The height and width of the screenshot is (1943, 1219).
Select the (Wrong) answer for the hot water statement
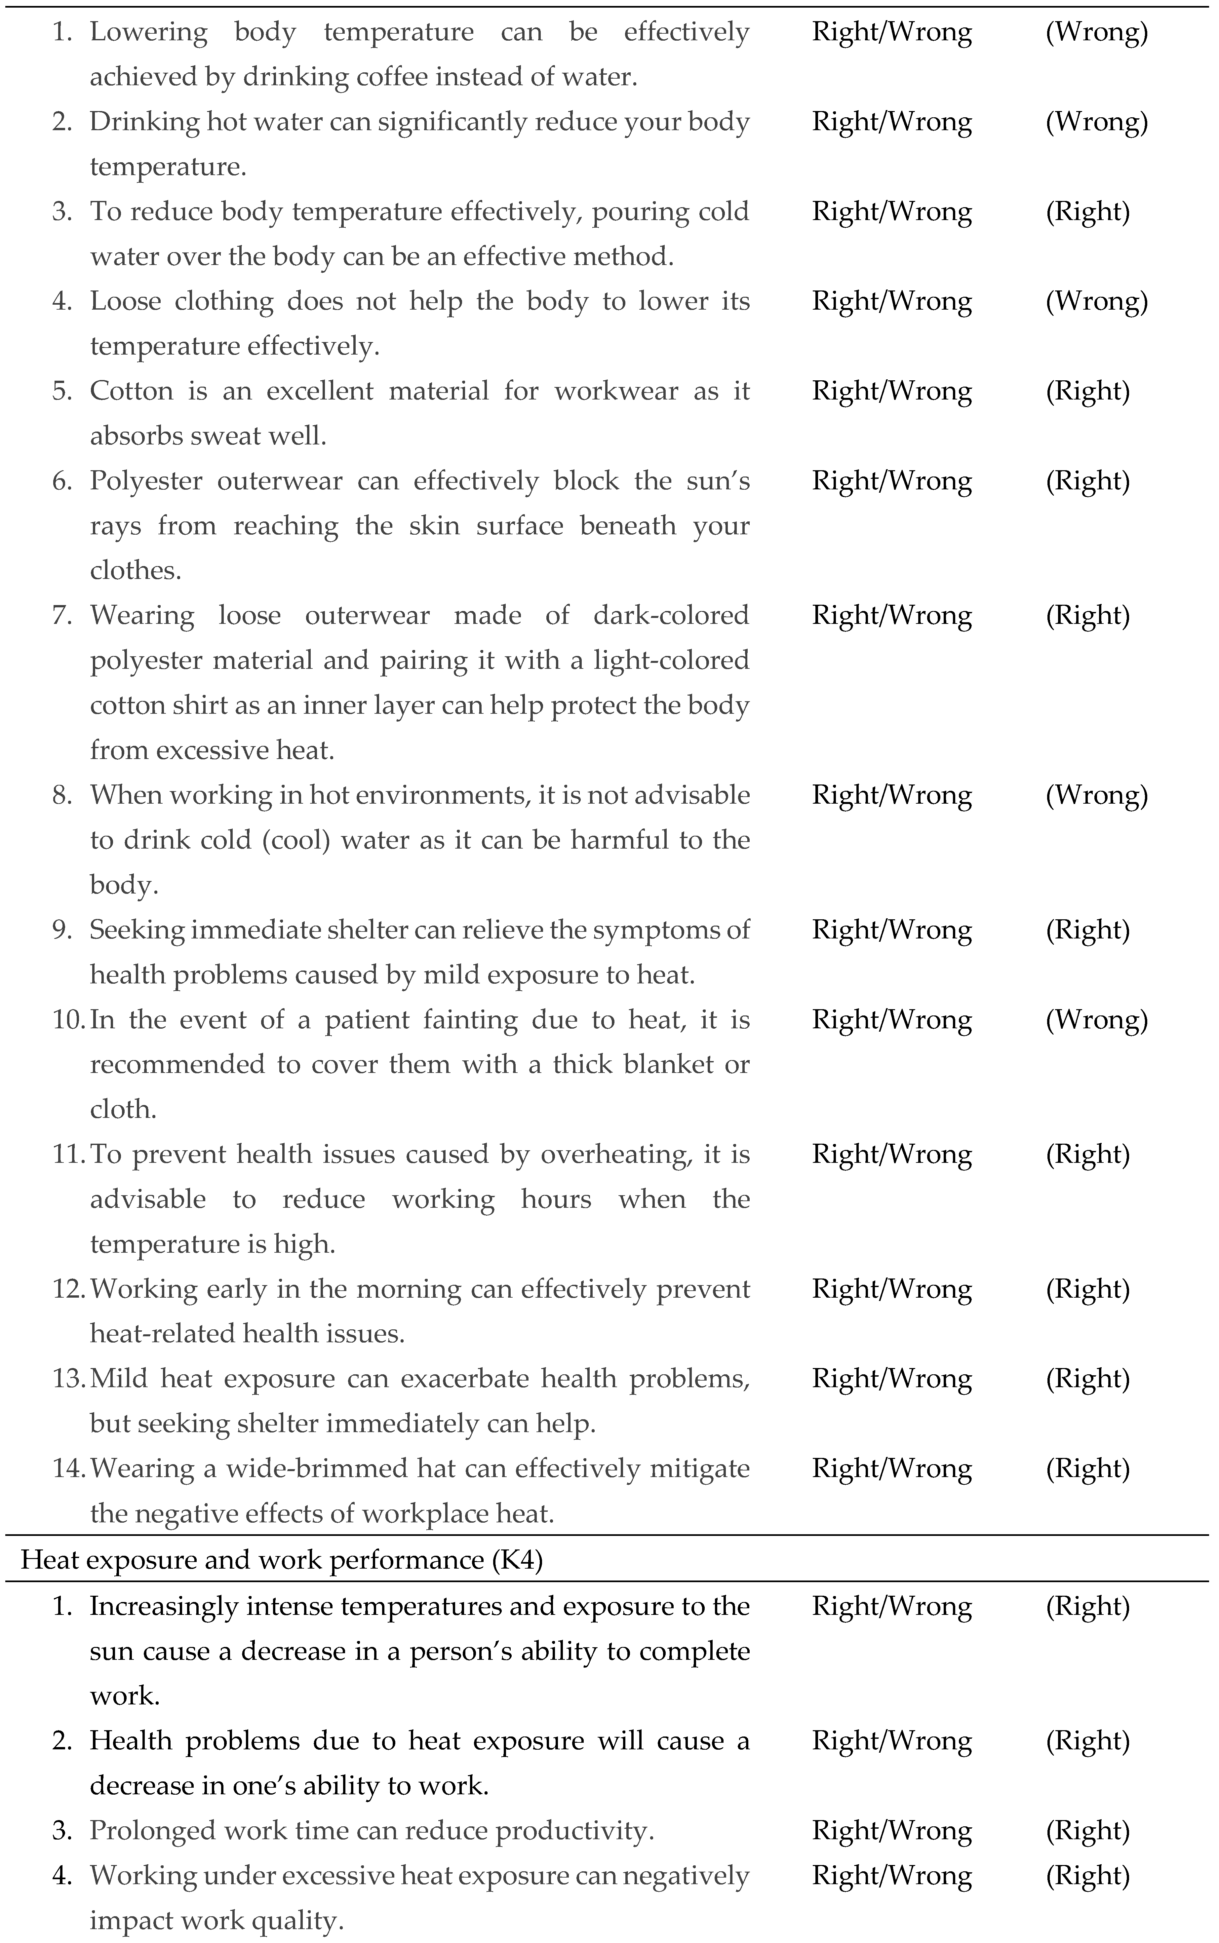point(1096,122)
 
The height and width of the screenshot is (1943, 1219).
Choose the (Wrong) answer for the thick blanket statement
point(1096,1019)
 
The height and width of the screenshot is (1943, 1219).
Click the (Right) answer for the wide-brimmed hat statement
point(1087,1468)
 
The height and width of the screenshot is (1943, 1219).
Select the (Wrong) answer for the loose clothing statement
point(1096,301)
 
